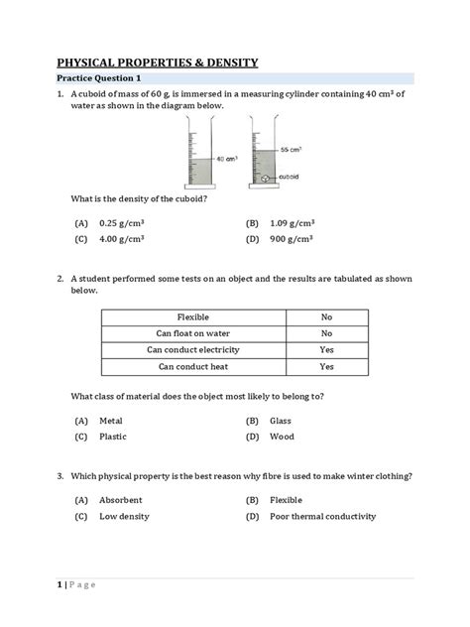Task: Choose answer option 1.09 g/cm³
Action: (x=292, y=224)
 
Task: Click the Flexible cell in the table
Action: (x=192, y=316)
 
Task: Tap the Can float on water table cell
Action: (x=192, y=333)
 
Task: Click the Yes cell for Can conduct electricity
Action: (x=326, y=349)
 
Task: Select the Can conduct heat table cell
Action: (x=192, y=366)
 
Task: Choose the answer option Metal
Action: (x=111, y=421)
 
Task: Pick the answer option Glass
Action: (x=280, y=421)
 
